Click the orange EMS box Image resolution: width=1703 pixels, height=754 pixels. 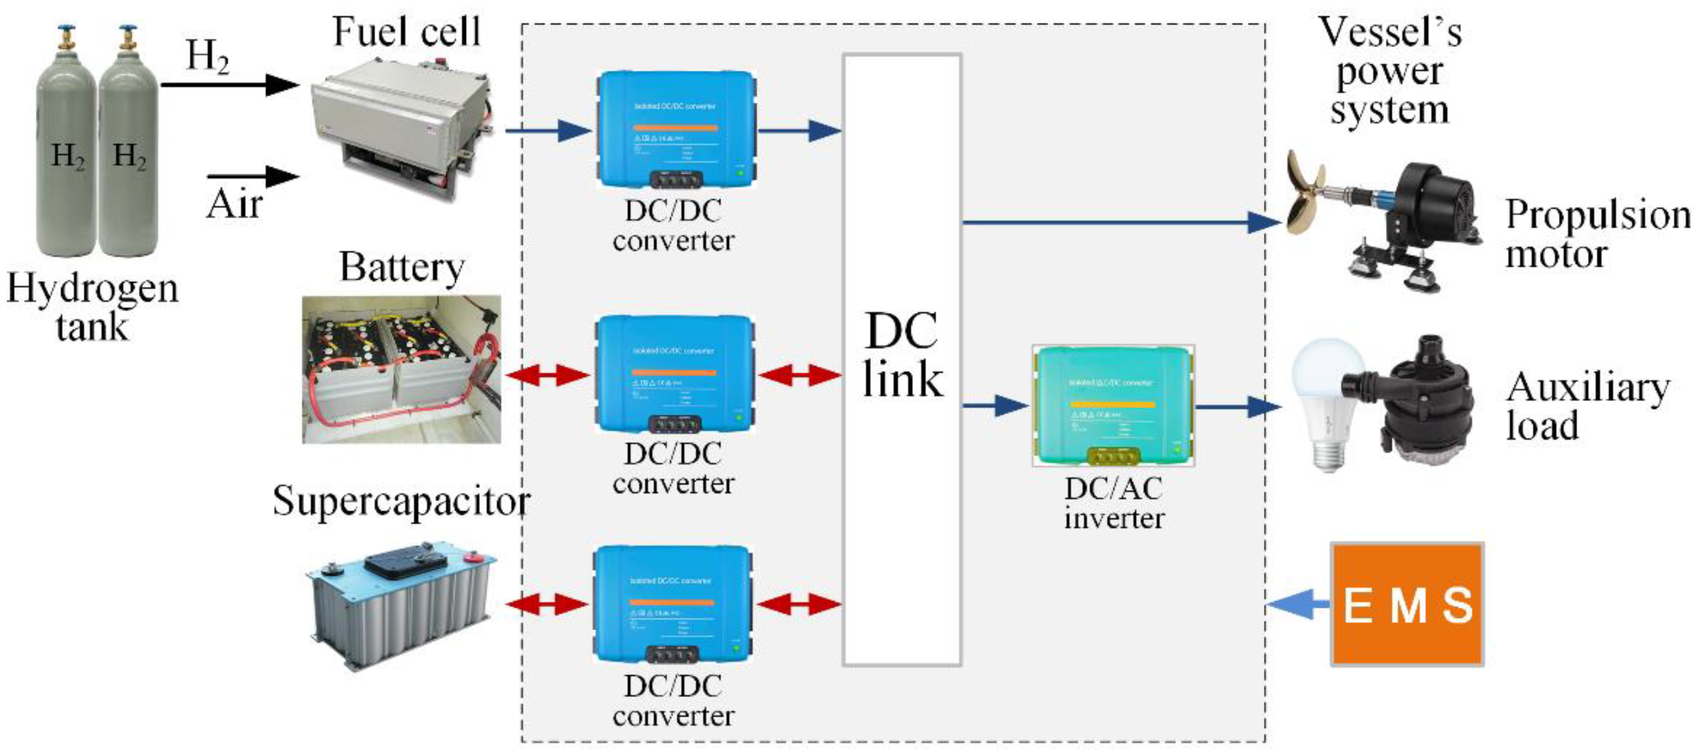1407,604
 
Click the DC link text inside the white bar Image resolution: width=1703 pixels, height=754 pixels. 902,355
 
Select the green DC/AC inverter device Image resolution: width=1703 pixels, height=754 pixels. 1113,405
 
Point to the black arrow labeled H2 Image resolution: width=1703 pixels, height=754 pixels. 228,85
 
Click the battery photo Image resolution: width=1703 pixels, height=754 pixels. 401,369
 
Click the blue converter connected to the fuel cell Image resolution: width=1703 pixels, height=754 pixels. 676,129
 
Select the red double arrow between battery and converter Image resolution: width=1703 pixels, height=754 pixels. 547,375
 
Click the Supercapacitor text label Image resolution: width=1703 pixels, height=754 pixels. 401,500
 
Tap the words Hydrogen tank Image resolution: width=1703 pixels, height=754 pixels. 92,306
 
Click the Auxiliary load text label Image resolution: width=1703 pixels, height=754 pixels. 1586,406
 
